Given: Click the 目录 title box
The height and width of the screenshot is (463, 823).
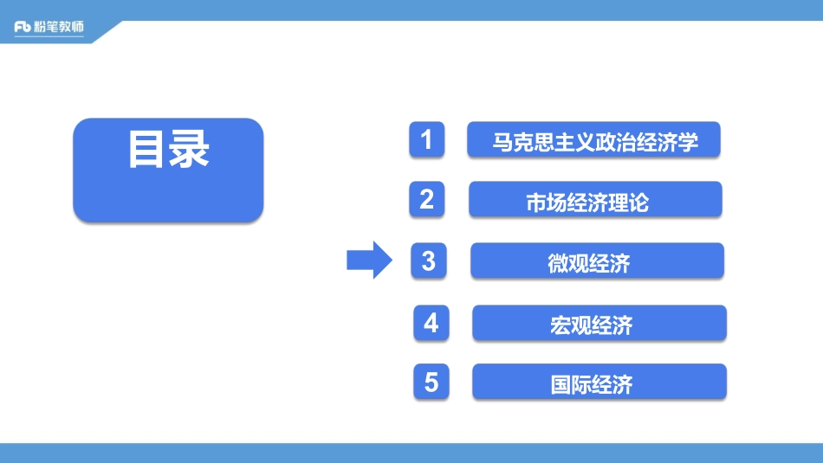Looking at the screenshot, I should pos(167,170).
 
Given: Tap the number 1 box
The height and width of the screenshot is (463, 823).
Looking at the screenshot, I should pos(426,139).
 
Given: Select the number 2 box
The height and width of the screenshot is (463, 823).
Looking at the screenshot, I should pos(426,200).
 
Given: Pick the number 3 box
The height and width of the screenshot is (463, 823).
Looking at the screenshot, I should pos(429,260).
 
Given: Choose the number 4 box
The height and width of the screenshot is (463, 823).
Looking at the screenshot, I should pos(431,323).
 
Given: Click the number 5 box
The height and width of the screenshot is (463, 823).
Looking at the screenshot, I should pos(431,382).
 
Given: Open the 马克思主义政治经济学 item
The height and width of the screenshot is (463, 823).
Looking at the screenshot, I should pos(593,140).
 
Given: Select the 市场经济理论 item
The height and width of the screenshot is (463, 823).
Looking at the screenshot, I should pos(595,201).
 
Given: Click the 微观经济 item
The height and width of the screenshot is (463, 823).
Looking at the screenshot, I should pos(597,261).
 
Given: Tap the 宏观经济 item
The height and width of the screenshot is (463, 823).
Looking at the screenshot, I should pos(599,323).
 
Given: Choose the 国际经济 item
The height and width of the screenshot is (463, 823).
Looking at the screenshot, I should pos(599,383).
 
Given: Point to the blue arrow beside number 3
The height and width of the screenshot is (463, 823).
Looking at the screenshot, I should pos(370,260).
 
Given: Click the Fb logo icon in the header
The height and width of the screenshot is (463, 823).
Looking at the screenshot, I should pos(23,28).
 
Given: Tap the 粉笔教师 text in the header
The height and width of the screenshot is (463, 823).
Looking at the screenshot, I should pos(60,28).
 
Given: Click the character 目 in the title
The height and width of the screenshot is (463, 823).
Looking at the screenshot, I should pos(146,151).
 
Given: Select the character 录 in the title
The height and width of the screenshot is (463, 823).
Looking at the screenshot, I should pos(189,151).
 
